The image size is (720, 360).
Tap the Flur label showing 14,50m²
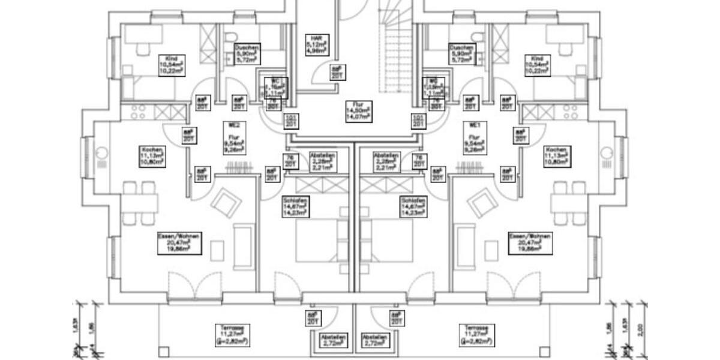pyautogui.click(x=359, y=111)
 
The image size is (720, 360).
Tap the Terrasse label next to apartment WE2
pyautogui.click(x=232, y=335)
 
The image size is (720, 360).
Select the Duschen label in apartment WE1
pyautogui.click(x=461, y=54)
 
